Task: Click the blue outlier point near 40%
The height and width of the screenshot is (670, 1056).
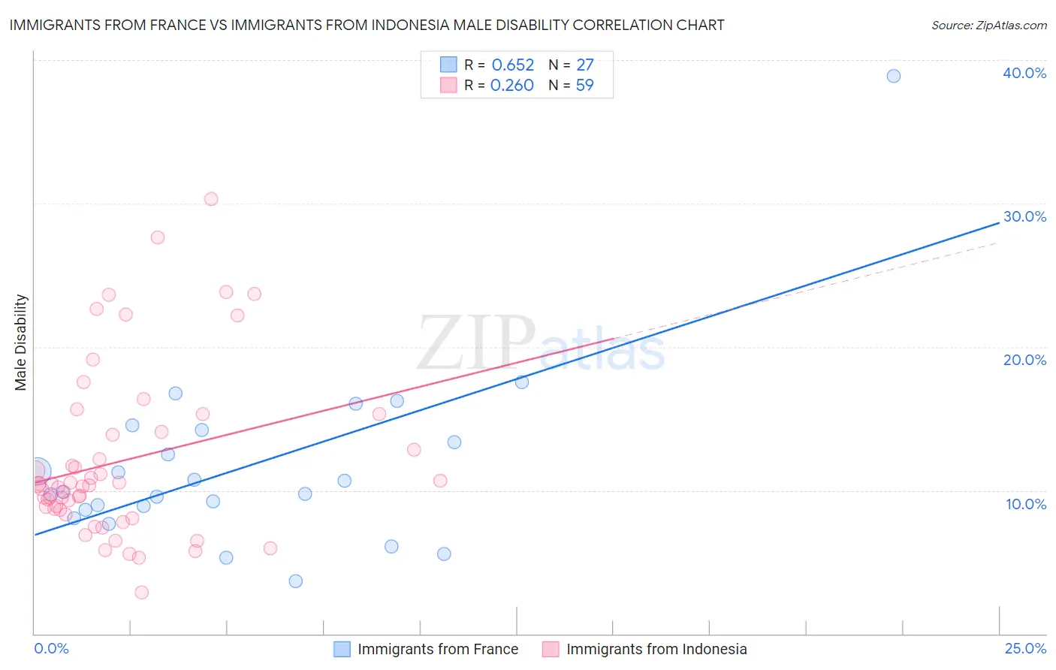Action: click(x=893, y=76)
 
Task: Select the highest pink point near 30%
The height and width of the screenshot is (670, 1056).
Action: click(x=211, y=199)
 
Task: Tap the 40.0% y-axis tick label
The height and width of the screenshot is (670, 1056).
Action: click(x=1024, y=73)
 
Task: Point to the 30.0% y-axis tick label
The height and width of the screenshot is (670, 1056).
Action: click(x=1024, y=216)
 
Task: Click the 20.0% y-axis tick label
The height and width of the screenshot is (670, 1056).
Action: click(x=1024, y=360)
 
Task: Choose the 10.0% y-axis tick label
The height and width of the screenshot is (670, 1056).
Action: click(x=1026, y=504)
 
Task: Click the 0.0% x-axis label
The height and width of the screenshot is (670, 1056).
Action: click(x=51, y=648)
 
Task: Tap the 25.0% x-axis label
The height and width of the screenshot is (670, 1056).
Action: click(x=1025, y=648)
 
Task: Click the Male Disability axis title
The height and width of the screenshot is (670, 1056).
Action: click(x=20, y=342)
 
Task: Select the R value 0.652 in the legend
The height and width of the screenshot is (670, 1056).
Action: click(x=512, y=65)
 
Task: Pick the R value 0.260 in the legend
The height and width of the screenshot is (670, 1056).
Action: click(x=511, y=86)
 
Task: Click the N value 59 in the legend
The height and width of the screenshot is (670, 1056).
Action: click(x=584, y=86)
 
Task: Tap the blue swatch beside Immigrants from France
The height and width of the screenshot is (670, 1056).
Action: click(x=342, y=649)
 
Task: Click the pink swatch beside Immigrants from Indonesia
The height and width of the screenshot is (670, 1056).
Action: click(x=551, y=649)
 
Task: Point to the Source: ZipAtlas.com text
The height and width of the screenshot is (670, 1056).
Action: click(x=988, y=25)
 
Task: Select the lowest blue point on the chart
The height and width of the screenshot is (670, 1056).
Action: click(x=296, y=581)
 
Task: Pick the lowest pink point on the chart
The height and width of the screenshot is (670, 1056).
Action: click(x=141, y=592)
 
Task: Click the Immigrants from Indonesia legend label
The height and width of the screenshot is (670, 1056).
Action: click(x=656, y=649)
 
